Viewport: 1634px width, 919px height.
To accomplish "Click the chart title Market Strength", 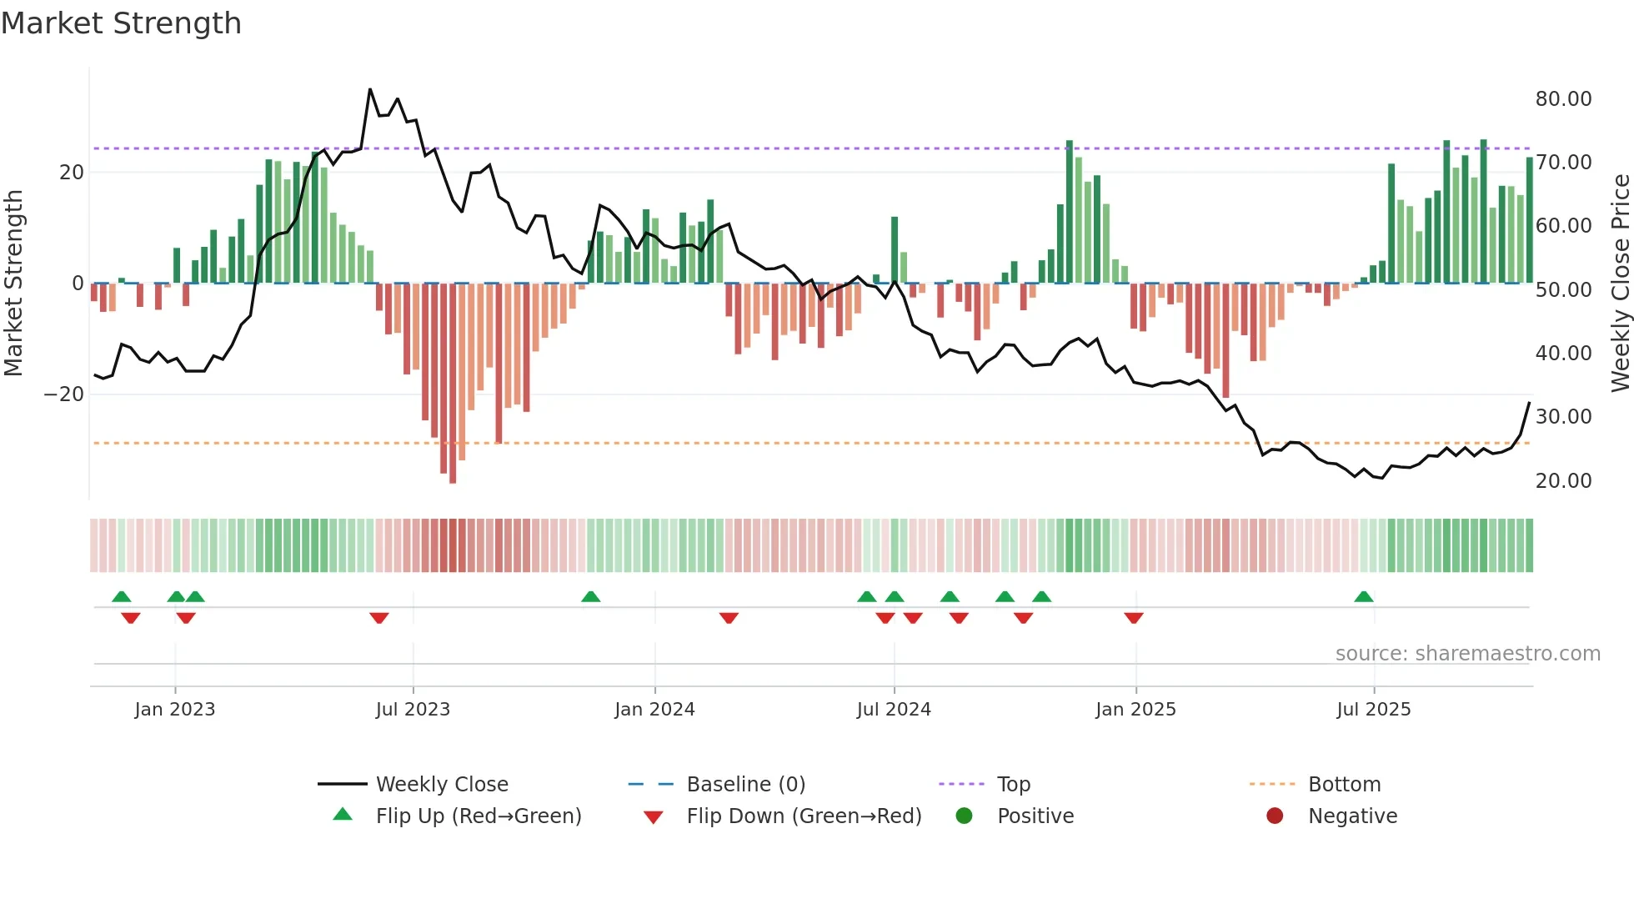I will tap(121, 23).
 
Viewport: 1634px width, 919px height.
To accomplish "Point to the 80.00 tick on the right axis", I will tap(1563, 99).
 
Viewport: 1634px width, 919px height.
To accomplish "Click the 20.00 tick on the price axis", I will tap(1563, 481).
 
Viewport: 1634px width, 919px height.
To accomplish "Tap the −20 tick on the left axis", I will tap(64, 394).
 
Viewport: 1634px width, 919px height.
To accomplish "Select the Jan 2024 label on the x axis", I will tap(654, 710).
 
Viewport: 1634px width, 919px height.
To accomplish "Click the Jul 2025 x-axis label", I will tap(1373, 710).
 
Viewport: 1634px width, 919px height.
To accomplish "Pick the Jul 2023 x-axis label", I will tap(413, 710).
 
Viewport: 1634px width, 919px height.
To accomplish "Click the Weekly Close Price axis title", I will tap(1620, 284).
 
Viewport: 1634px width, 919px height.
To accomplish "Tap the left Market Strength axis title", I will tap(14, 284).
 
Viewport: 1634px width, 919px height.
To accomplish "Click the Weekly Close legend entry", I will tap(442, 785).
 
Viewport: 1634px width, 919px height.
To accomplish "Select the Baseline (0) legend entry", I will tap(745, 785).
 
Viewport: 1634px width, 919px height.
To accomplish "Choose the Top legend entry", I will tap(1014, 785).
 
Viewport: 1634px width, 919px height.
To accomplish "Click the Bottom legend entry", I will tap(1344, 785).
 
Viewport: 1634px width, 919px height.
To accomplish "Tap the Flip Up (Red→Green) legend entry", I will tap(478, 816).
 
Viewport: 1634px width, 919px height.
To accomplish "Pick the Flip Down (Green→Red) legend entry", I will tap(804, 816).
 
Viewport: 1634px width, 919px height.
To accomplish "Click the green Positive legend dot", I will tap(965, 816).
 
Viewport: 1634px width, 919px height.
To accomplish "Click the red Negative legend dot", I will tap(1275, 816).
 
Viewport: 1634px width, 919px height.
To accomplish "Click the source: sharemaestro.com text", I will tap(1467, 654).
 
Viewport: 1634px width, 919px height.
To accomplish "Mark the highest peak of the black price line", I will tap(370, 89).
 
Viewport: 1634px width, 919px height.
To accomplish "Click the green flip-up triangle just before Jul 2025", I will tap(1364, 597).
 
